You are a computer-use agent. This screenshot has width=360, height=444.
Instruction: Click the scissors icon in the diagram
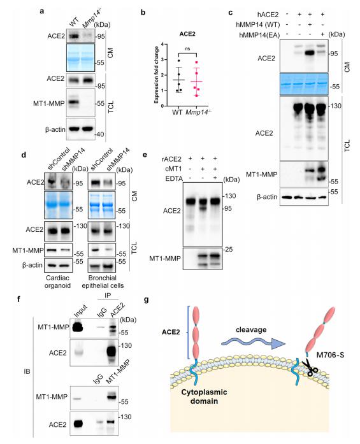click(310, 368)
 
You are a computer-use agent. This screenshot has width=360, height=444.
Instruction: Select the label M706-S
click(330, 355)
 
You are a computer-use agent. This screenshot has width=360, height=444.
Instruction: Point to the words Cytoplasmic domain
click(204, 397)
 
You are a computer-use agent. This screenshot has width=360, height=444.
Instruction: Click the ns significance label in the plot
click(187, 48)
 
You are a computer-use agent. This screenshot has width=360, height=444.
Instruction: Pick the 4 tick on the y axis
click(162, 44)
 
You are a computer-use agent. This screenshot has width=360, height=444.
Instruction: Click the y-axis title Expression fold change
click(156, 75)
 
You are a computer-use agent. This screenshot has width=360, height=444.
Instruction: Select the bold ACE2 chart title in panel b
click(187, 34)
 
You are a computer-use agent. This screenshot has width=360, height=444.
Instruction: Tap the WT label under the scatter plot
click(177, 112)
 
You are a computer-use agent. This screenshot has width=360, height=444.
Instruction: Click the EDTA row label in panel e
click(174, 178)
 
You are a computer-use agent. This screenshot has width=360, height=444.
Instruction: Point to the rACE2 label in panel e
click(171, 159)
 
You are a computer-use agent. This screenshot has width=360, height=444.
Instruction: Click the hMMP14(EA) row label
click(259, 35)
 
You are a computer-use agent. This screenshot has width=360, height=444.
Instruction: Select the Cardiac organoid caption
click(57, 282)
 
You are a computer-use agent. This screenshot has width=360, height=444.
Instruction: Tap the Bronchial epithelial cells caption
click(103, 282)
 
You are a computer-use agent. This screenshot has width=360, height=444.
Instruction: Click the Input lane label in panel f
click(80, 312)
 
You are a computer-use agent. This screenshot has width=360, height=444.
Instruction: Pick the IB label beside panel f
click(27, 371)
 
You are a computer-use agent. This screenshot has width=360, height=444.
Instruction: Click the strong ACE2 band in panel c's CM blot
click(310, 53)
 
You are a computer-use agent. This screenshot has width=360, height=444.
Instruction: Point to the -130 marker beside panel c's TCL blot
click(335, 106)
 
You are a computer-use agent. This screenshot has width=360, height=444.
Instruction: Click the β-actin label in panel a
click(55, 130)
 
